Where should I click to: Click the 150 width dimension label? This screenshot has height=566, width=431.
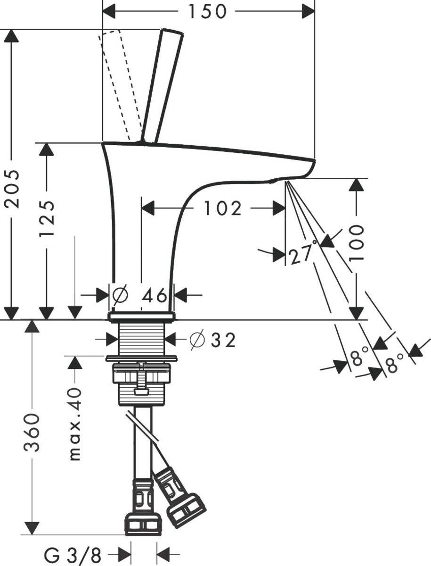click(208, 11)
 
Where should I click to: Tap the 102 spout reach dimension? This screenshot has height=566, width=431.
click(222, 208)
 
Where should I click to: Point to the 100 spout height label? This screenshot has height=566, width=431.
click(357, 242)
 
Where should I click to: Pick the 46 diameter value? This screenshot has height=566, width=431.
click(155, 296)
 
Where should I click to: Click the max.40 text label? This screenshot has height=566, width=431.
click(75, 424)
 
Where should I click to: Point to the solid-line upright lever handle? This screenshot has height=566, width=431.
click(163, 85)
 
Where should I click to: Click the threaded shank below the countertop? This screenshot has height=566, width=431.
click(141, 339)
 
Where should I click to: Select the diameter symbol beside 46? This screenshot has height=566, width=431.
click(120, 296)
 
